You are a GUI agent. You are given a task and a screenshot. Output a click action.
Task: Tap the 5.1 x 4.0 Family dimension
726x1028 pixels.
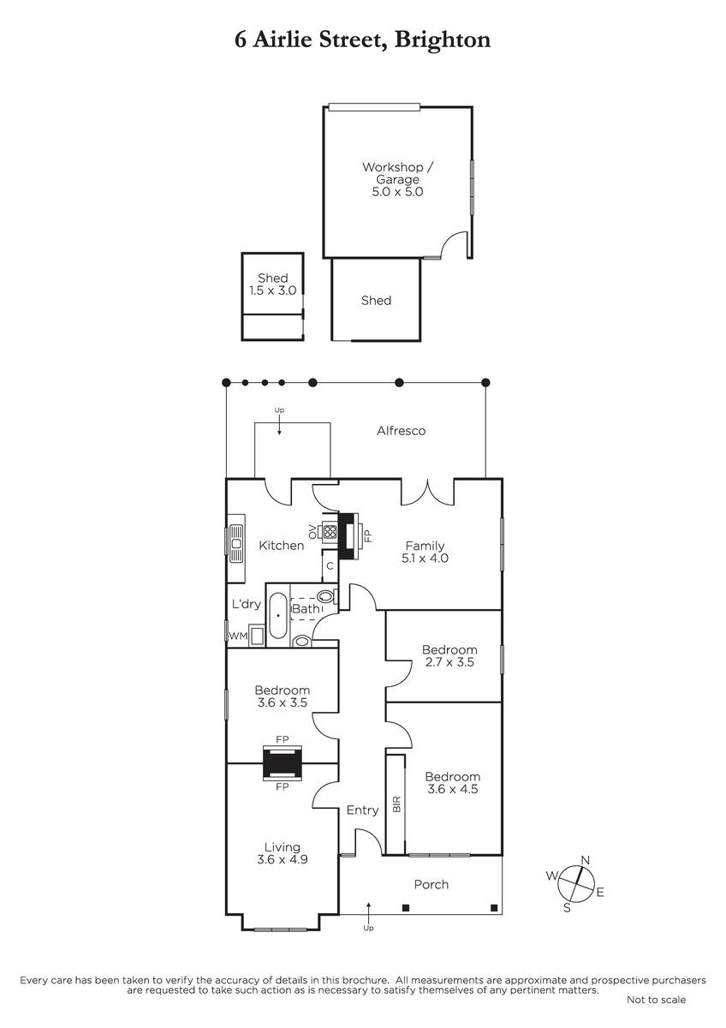425,558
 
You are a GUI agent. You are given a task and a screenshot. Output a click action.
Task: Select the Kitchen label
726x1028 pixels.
281,545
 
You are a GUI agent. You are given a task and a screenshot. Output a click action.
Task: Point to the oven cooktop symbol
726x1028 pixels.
330,532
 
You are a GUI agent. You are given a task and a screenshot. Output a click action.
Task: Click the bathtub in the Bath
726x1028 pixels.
278,615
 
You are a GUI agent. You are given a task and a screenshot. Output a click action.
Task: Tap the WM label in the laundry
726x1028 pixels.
238,636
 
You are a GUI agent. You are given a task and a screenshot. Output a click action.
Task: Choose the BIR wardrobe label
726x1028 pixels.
396,804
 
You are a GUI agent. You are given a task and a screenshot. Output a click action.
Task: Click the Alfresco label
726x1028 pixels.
401,430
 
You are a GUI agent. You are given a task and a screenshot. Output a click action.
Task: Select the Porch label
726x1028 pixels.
431,884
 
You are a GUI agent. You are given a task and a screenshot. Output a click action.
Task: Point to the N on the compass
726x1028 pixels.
586,860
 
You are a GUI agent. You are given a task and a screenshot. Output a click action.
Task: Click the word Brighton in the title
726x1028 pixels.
442,40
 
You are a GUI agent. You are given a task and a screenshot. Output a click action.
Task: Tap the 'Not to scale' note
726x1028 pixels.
656,1000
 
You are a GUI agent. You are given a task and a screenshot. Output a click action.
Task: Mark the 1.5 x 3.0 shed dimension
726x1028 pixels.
272,290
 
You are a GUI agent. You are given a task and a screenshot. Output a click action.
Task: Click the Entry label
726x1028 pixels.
362,810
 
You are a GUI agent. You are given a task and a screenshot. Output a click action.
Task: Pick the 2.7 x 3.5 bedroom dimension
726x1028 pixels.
449,661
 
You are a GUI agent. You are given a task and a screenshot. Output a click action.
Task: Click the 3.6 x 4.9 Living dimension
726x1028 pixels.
282,858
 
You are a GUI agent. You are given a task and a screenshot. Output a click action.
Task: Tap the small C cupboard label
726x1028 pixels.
330,566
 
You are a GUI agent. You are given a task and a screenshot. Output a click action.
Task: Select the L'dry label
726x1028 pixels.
247,603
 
